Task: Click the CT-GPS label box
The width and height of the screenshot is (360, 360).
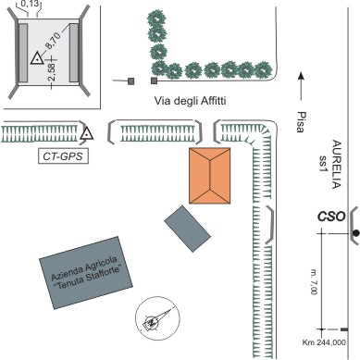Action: pyautogui.click(x=63, y=156)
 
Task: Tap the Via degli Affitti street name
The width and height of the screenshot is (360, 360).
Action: pyautogui.click(x=190, y=101)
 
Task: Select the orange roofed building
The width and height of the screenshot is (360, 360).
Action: pyautogui.click(x=210, y=176)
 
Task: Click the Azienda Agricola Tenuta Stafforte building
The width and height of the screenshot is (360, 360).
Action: pyautogui.click(x=86, y=273)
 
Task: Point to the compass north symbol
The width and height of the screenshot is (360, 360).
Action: pyautogui.click(x=157, y=318)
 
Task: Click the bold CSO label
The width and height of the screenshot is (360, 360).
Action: pyautogui.click(x=331, y=217)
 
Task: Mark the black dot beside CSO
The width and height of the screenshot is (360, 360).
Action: pyautogui.click(x=356, y=233)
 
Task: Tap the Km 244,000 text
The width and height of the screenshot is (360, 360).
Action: pyautogui.click(x=324, y=342)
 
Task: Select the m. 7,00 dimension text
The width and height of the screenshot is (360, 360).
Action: pyautogui.click(x=314, y=281)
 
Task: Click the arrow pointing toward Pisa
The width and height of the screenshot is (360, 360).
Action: pyautogui.click(x=301, y=86)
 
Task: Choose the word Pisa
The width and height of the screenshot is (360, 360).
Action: pyautogui.click(x=300, y=121)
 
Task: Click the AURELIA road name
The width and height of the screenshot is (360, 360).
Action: pyautogui.click(x=336, y=165)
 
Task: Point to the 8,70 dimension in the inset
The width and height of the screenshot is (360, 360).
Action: pyautogui.click(x=53, y=41)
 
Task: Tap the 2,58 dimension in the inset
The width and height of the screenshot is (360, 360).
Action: pyautogui.click(x=52, y=72)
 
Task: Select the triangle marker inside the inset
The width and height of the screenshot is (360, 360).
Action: pyautogui.click(x=37, y=58)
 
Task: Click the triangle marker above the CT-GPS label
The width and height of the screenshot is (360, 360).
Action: pyautogui.click(x=87, y=133)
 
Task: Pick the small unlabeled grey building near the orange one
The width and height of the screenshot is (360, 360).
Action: pyautogui.click(x=188, y=229)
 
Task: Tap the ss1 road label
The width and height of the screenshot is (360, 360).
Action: pyautogui.click(x=323, y=164)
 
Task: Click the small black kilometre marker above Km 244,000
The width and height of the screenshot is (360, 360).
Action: pyautogui.click(x=344, y=329)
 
